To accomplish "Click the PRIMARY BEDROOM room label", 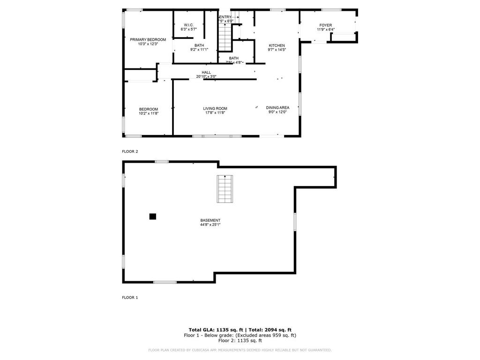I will tap(148, 40).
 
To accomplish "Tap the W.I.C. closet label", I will tap(188, 25).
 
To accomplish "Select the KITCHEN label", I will tap(277, 45).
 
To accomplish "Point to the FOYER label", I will tap(325, 25).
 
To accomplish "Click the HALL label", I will tap(206, 72).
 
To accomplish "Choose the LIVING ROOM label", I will tap(215, 108).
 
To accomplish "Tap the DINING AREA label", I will tap(277, 108).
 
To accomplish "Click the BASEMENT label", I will tap(210, 220).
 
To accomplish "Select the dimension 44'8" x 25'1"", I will tap(210, 225).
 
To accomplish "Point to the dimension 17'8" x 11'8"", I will tap(215, 113).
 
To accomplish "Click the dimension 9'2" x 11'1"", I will tap(199, 50).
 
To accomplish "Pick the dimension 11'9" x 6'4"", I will tap(325, 30).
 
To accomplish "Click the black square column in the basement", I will tap(152, 216).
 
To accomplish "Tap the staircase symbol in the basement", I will tap(225, 189).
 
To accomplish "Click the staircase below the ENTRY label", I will tap(225, 37).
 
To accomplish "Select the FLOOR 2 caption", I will tap(130, 151).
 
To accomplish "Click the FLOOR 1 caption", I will tap(130, 297).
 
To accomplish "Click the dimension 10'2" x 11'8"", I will tap(148, 113).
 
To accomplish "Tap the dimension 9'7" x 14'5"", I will tap(277, 50).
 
